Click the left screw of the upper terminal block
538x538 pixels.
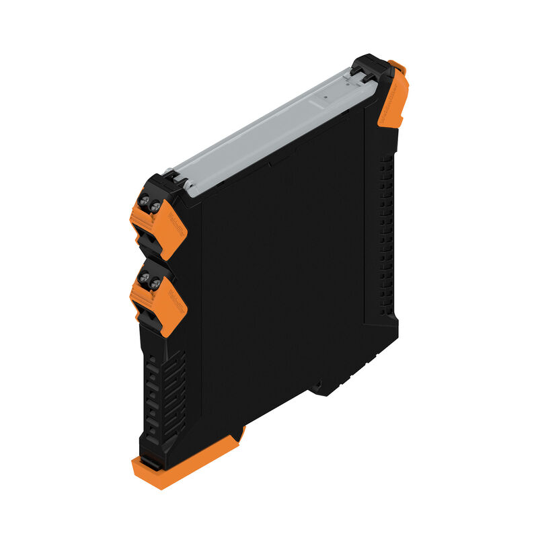[x=144, y=200]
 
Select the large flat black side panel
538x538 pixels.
[x=282, y=269]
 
